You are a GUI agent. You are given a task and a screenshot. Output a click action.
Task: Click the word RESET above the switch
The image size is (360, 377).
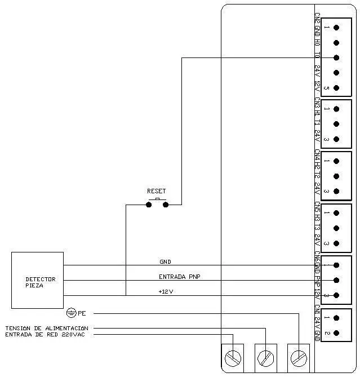(156, 191)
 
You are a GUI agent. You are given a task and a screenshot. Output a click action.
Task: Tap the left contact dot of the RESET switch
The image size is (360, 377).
(149, 205)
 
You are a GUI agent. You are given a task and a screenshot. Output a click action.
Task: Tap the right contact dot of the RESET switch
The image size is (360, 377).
(166, 205)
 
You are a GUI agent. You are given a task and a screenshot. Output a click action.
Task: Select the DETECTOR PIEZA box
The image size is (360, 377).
(37, 280)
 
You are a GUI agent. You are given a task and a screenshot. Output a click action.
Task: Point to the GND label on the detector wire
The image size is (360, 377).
(165, 261)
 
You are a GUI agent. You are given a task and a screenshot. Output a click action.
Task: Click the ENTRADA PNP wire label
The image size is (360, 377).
(179, 276)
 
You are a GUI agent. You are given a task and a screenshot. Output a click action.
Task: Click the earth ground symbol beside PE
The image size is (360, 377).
(71, 313)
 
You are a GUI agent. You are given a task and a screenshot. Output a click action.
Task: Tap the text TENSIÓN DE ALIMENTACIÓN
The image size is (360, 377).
(47, 328)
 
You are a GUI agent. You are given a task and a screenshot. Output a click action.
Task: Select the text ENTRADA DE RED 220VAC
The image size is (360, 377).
(47, 335)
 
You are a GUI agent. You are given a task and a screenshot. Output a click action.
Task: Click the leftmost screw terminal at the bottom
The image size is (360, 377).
(233, 357)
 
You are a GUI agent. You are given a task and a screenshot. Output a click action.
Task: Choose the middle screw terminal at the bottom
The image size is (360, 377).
(265, 357)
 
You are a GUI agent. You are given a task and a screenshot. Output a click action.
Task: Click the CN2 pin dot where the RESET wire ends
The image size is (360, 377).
(336, 57)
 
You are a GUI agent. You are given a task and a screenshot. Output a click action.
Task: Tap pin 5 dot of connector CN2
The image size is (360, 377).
(336, 88)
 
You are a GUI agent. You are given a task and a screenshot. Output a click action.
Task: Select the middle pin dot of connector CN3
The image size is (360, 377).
(336, 124)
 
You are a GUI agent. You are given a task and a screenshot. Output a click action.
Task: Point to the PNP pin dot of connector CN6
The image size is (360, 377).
(336, 280)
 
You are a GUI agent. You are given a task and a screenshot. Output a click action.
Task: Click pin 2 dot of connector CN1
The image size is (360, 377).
(336, 333)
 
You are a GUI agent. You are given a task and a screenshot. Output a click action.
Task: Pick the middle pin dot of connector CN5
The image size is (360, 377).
(336, 228)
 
